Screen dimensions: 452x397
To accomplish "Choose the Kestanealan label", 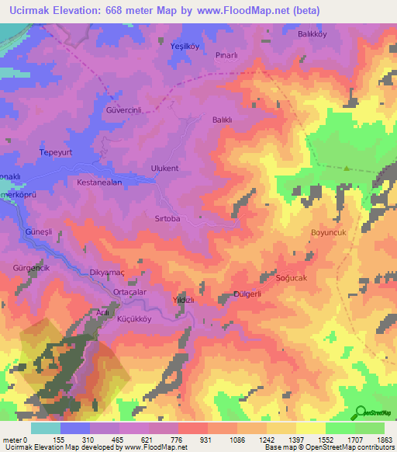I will tap(100, 182).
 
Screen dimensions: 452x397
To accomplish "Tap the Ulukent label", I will tap(164, 168).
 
